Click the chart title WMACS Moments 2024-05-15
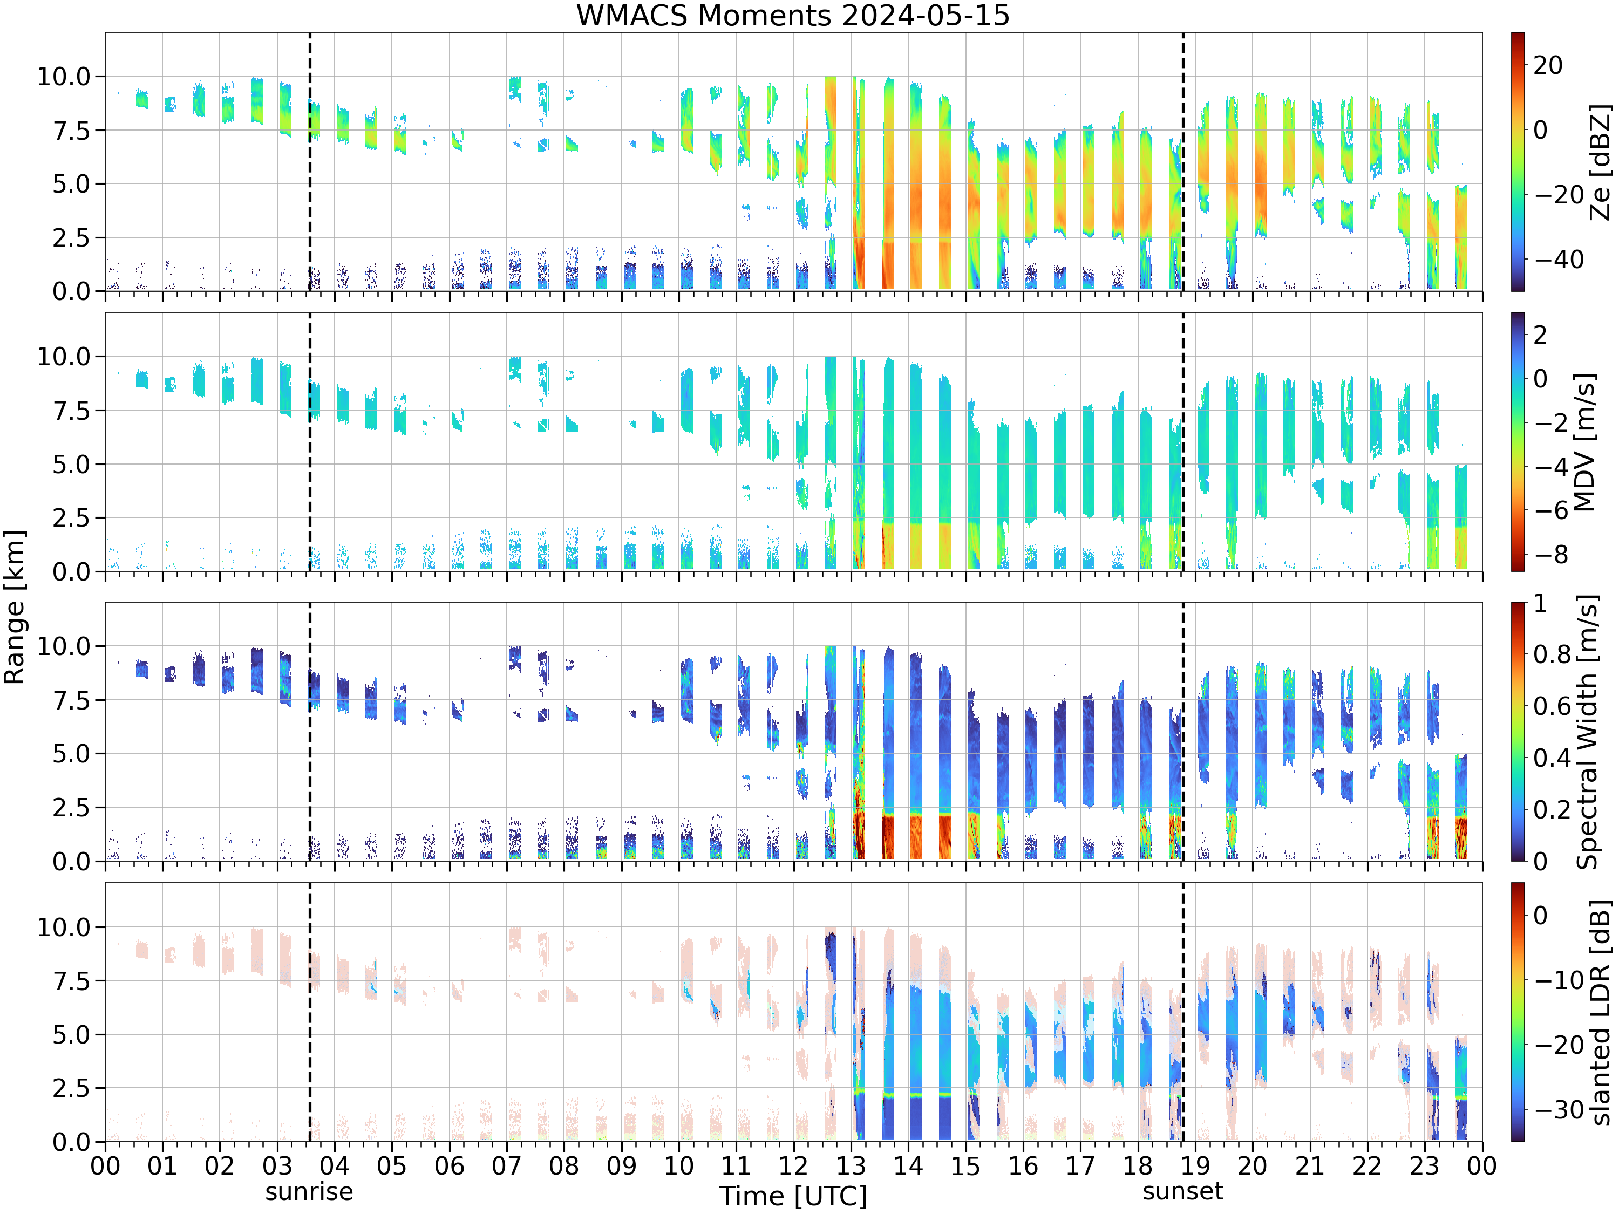point(793,15)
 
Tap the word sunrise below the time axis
point(309,1192)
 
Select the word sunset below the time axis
point(1183,1191)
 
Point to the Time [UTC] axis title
point(793,1196)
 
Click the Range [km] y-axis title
point(15,608)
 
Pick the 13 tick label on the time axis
point(851,1165)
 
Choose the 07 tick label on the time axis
point(507,1165)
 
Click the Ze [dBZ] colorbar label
point(1601,162)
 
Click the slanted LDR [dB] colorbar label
point(1601,1013)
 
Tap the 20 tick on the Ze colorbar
point(1548,65)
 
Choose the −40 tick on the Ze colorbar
point(1559,259)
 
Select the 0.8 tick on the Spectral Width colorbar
point(1553,654)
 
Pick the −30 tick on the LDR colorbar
point(1559,1109)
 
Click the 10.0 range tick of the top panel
point(64,76)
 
